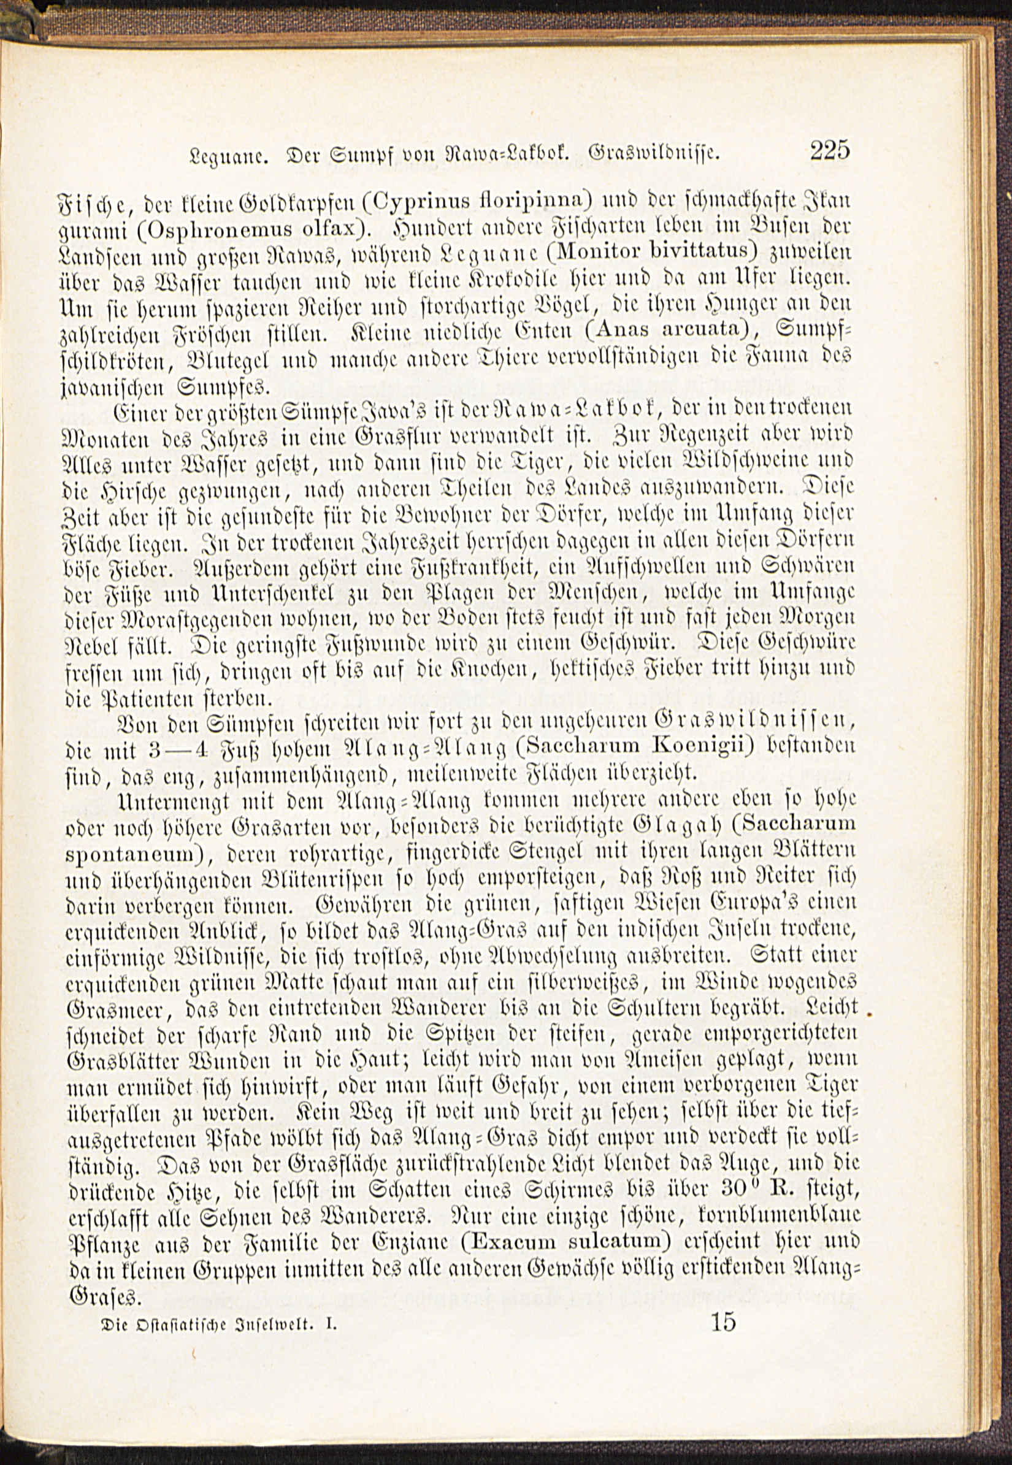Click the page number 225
(829, 151)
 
